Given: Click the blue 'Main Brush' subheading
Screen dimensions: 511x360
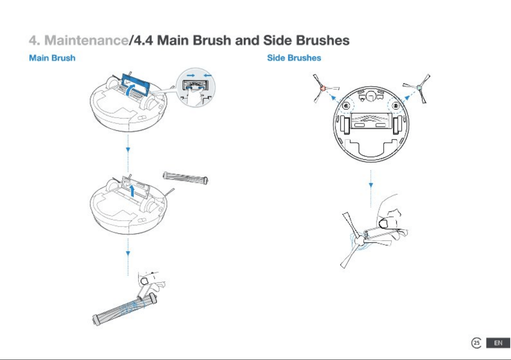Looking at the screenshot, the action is click(x=52, y=58).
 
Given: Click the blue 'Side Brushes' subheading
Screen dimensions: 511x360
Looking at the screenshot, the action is click(x=294, y=58).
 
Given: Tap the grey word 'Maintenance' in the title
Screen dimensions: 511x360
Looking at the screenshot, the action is click(x=86, y=41).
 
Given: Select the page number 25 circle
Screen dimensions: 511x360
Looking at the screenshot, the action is click(x=476, y=343).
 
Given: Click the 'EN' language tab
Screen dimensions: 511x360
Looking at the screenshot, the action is click(x=498, y=343).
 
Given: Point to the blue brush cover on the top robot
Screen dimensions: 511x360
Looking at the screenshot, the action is click(x=136, y=84).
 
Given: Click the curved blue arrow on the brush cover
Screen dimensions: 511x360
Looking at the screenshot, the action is click(x=130, y=90).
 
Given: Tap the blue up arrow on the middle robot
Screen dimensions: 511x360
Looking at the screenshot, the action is click(x=132, y=191).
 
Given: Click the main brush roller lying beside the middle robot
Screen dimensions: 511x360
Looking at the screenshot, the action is click(x=185, y=178).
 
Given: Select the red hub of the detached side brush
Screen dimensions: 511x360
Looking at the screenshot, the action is click(x=323, y=88).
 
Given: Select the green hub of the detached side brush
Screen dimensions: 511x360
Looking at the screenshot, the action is click(x=419, y=87).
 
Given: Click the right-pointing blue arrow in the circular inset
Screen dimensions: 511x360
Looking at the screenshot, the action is click(x=191, y=76).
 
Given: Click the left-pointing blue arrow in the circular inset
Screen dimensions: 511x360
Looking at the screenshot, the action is click(x=207, y=76).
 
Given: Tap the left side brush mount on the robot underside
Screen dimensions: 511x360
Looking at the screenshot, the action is click(x=346, y=106).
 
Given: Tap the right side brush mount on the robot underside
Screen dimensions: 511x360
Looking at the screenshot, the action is click(x=396, y=106).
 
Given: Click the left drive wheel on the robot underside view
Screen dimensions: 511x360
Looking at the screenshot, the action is click(x=345, y=125).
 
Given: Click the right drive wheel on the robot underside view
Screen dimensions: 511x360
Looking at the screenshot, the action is click(x=398, y=125).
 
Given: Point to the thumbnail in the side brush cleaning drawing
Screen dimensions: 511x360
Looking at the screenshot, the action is click(x=384, y=223).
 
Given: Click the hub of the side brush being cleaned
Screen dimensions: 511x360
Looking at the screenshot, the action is click(x=360, y=240).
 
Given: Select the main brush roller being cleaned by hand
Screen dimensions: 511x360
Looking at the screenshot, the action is click(x=125, y=309).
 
